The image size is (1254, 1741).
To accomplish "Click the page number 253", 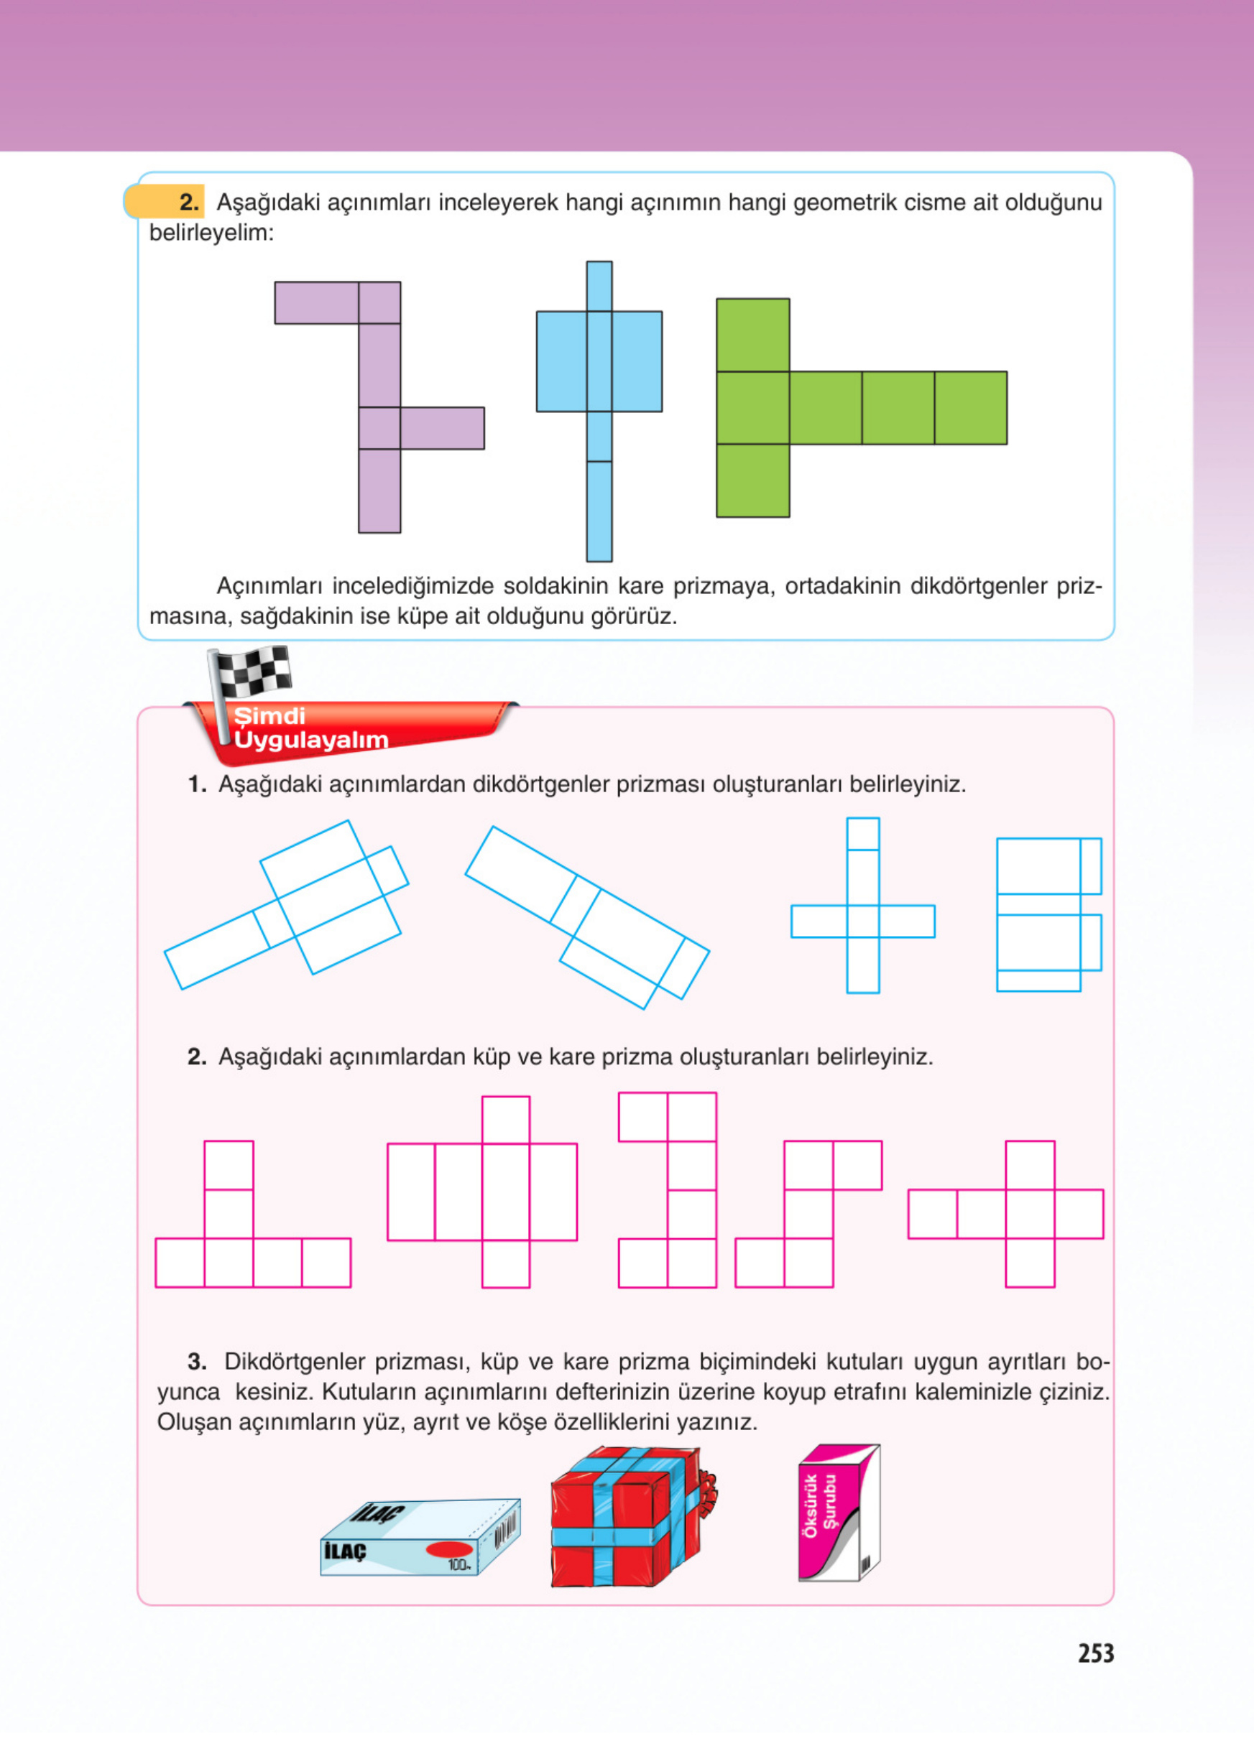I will coord(1095,1653).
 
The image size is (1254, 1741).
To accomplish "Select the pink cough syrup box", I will coord(839,1513).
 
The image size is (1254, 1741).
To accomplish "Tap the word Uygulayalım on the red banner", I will coord(311,740).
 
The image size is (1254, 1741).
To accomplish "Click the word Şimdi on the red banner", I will coord(269,716).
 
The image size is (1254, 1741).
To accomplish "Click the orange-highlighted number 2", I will coord(189,202).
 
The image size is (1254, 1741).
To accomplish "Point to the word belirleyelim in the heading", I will coord(211,233).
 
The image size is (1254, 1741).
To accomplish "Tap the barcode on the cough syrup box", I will coord(865,1561).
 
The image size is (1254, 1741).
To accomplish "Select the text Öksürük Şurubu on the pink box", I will coord(819,1504).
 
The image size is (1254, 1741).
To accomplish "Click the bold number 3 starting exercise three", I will coord(197,1362).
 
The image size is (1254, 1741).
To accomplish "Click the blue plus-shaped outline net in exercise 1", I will coord(862,906).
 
